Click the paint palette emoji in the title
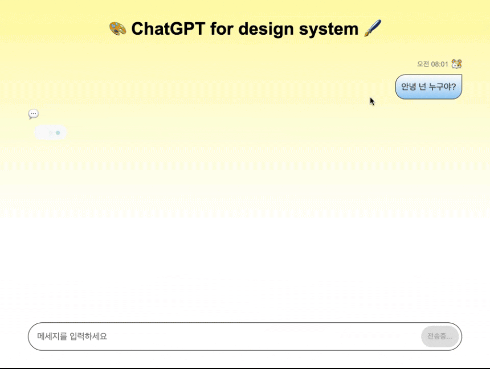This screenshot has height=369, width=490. click(x=117, y=28)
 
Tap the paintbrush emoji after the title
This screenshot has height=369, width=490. click(x=372, y=28)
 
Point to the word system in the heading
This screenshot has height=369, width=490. click(x=332, y=28)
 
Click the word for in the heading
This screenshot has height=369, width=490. click(x=222, y=28)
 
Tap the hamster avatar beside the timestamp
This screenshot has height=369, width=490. click(x=456, y=64)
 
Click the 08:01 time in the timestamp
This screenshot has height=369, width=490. click(x=439, y=64)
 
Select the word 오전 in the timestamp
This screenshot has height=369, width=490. click(x=423, y=64)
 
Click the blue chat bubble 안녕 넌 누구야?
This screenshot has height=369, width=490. click(x=428, y=87)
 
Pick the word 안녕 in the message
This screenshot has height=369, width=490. click(x=409, y=87)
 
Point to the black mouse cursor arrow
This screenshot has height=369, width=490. click(x=372, y=101)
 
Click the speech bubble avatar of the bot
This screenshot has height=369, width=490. click(x=34, y=114)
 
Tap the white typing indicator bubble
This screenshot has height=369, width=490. click(x=50, y=133)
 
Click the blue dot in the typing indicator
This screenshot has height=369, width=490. click(x=58, y=133)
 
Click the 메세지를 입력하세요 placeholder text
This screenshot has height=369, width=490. click(x=72, y=337)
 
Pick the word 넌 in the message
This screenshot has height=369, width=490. click(x=424, y=87)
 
